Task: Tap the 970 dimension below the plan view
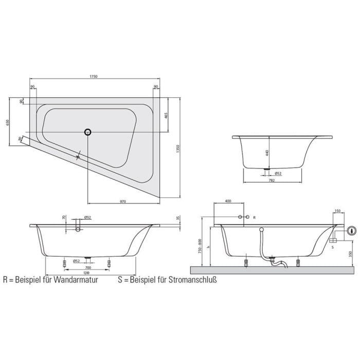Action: click(123, 201)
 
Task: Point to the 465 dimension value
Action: click(166, 115)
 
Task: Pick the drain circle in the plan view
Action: click(88, 132)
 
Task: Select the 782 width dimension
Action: click(271, 181)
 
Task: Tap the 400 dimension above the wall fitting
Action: click(228, 201)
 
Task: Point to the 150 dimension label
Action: click(337, 211)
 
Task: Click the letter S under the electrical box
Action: click(333, 247)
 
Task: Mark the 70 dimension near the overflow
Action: click(63, 218)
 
